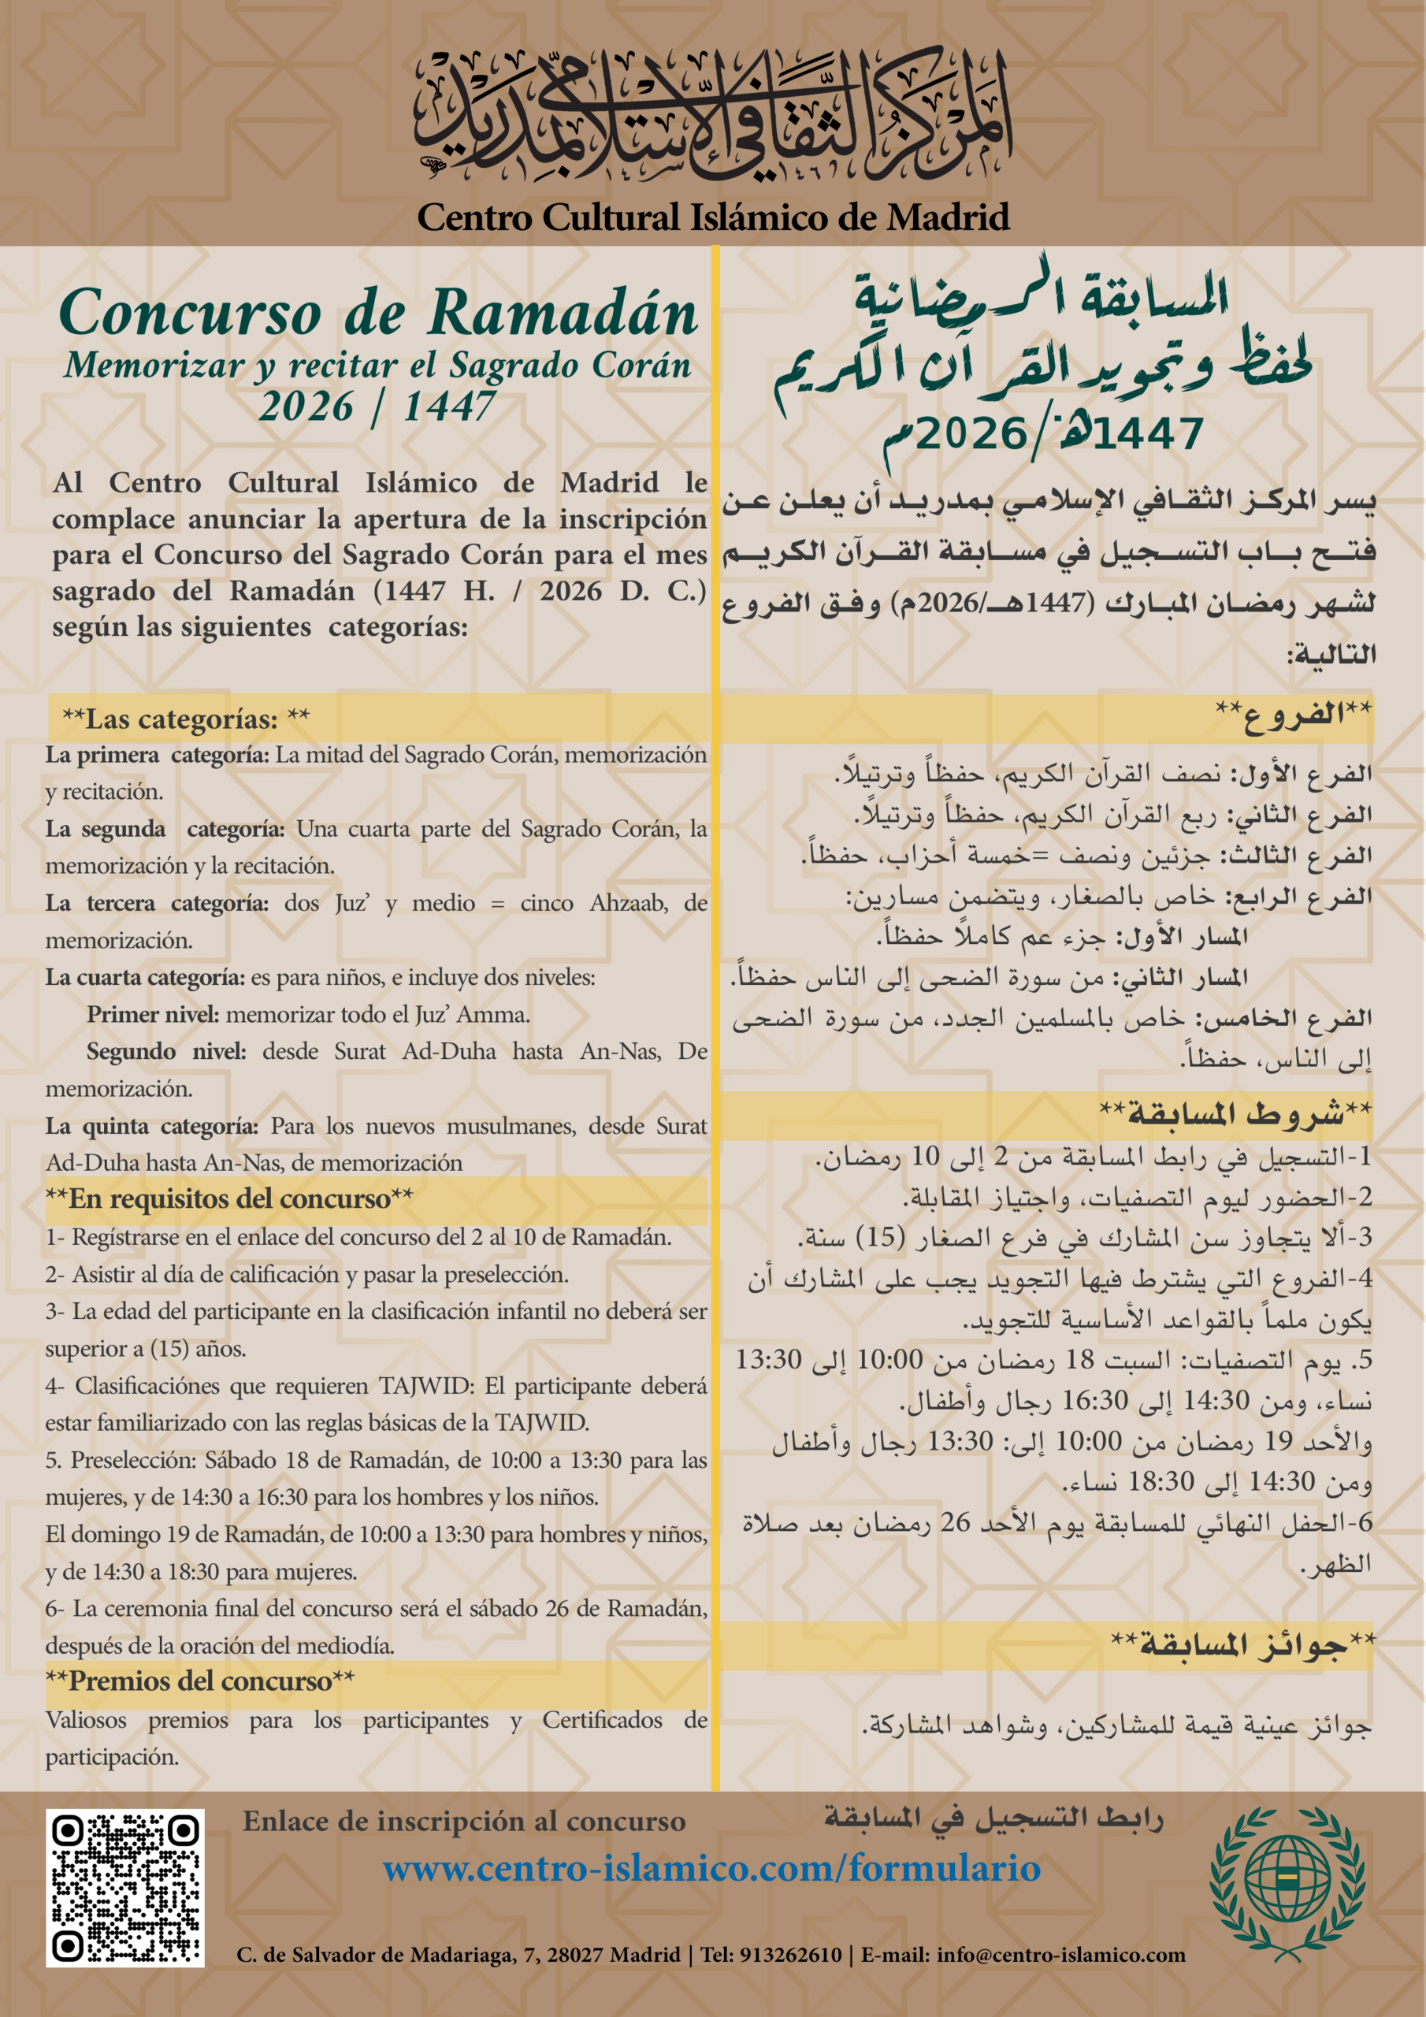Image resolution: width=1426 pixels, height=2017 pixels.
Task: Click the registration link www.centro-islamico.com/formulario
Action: pos(711,1867)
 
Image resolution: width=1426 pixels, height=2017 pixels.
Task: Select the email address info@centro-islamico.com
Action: pos(1060,1956)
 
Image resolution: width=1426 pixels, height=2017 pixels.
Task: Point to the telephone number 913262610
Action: pos(791,1956)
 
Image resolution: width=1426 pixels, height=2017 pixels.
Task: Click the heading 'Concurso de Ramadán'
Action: pos(378,314)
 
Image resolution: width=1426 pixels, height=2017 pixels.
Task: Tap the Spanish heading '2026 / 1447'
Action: pos(378,406)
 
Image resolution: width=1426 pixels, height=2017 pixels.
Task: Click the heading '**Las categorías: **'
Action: pos(185,719)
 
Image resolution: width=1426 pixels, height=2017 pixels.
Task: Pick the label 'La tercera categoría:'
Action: pos(158,903)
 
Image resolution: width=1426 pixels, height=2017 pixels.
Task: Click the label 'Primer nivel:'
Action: pos(153,1015)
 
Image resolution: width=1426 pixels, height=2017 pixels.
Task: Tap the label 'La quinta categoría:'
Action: pos(152,1126)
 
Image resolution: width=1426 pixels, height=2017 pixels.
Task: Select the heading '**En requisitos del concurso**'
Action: pos(229,1199)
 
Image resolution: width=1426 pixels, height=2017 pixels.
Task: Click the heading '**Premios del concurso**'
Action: pos(200,1681)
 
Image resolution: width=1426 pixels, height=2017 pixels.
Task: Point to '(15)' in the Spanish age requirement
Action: pos(169,1348)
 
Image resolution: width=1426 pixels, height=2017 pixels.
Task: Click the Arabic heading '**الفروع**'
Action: pos(1294,712)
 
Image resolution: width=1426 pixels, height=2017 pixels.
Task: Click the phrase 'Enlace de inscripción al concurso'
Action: pos(464,1821)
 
